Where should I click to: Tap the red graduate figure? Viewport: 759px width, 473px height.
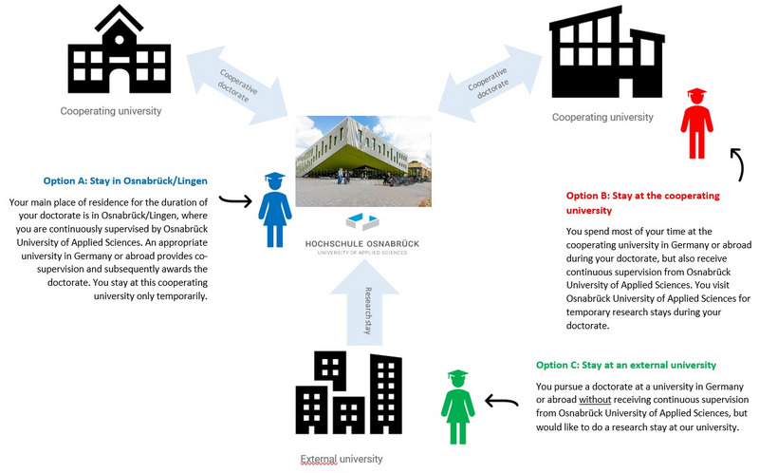click(x=696, y=123)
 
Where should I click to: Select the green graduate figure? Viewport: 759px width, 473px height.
click(x=457, y=407)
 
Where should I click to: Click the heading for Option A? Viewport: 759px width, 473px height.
click(x=125, y=180)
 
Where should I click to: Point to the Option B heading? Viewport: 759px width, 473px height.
click(x=643, y=202)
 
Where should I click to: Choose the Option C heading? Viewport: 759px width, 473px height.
click(x=626, y=365)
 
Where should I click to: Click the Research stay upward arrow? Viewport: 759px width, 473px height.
click(x=364, y=304)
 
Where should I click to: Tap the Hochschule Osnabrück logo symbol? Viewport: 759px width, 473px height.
click(x=362, y=221)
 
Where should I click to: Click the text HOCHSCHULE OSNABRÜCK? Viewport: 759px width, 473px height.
click(x=362, y=244)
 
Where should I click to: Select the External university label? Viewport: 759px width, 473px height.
click(x=342, y=459)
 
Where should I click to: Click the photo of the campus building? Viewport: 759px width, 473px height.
click(x=363, y=161)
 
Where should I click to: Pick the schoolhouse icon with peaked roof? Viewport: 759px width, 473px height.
click(x=120, y=49)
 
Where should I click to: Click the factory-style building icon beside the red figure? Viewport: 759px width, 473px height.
click(x=607, y=52)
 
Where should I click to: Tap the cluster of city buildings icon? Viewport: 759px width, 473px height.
click(x=348, y=392)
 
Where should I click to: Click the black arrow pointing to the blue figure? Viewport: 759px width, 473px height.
click(x=235, y=200)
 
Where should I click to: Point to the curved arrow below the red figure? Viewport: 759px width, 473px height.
click(x=738, y=163)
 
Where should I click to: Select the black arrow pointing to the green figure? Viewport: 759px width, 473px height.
click(x=502, y=401)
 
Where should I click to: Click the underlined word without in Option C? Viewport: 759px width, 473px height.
click(x=595, y=400)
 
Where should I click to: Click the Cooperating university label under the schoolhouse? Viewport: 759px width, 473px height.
click(x=111, y=111)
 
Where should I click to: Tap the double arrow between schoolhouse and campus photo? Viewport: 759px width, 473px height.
click(x=237, y=85)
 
